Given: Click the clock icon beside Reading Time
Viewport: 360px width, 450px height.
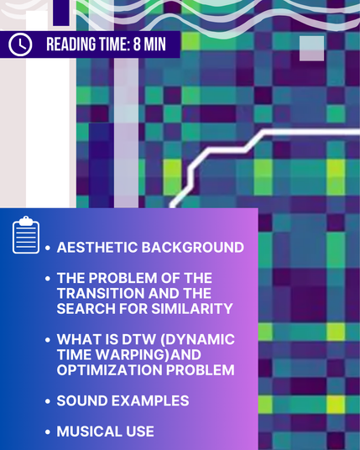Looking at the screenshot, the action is (x=20, y=44).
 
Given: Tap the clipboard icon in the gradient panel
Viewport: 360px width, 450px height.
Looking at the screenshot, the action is (x=26, y=235).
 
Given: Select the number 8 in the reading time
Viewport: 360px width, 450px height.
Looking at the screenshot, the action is (x=137, y=44).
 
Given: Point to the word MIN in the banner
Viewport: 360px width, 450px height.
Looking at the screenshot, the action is (x=155, y=44).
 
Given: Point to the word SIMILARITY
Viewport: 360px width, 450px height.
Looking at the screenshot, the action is (x=192, y=309).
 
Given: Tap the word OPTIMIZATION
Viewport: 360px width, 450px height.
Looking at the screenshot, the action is (x=109, y=370).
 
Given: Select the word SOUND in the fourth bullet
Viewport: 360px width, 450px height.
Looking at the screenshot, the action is (x=82, y=400).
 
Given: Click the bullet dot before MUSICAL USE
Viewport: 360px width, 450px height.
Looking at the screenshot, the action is (x=48, y=432).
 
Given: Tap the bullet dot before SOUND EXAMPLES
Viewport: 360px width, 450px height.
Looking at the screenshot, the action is (x=48, y=401).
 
